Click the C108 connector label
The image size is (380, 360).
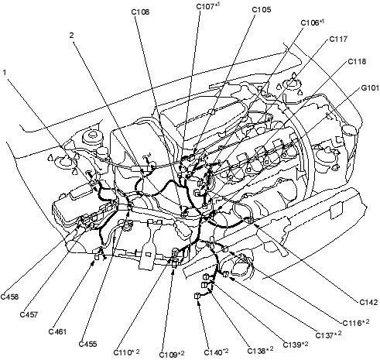coord(140,12)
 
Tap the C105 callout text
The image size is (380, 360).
coord(262,10)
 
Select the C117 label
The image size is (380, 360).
coord(338,39)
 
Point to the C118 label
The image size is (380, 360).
coord(357,62)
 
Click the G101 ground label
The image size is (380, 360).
coord(370,88)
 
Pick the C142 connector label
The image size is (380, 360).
coord(368,302)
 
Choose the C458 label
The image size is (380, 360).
coord(9,297)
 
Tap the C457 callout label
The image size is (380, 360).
coord(29,314)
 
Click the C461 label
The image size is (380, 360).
coord(57,331)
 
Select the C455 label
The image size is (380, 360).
coord(87,344)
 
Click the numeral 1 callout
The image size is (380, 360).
coord(5,73)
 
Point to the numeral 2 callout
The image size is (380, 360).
coord(71,36)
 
